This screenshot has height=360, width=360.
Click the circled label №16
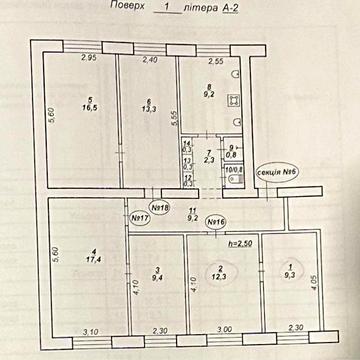[215, 221]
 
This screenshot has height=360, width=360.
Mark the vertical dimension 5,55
[174, 117]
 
